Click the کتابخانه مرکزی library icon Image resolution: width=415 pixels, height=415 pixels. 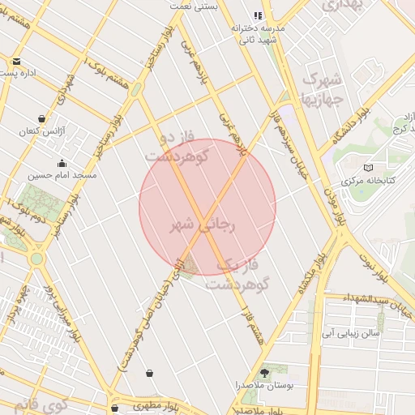(369, 168)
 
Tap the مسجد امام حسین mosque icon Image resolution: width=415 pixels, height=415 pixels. (62, 163)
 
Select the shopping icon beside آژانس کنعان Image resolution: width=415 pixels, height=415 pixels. (41, 118)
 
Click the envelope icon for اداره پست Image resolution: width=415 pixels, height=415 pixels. (15, 61)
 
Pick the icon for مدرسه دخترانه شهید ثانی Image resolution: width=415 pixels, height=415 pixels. (258, 15)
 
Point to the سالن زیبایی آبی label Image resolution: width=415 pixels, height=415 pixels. (349, 332)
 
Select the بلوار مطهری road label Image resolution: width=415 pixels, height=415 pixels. (146, 404)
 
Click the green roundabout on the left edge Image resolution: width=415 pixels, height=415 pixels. (36, 259)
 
